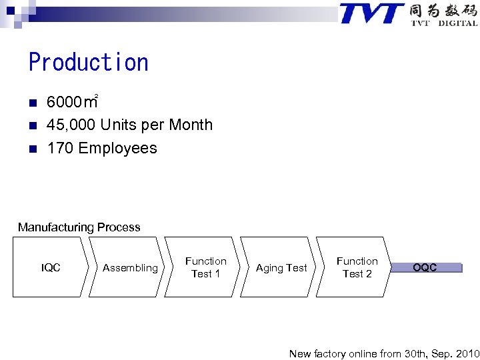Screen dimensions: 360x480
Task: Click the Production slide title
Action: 89,63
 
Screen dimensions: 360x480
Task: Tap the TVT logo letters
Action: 371,13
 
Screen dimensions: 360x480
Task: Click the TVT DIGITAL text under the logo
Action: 444,23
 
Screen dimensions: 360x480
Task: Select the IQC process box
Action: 51,268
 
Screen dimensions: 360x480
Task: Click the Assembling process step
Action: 130,268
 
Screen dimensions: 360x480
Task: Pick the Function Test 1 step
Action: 205,267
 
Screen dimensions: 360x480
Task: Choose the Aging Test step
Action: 281,268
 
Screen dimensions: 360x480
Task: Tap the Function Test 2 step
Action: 357,267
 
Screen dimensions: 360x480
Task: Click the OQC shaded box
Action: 425,268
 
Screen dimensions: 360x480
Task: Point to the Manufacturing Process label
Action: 79,227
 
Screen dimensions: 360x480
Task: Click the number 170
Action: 60,149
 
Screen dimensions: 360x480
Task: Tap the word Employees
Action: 118,149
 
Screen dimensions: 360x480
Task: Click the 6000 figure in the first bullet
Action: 63,103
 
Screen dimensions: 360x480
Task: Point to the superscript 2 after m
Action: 97,97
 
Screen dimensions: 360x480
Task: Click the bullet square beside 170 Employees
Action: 32,149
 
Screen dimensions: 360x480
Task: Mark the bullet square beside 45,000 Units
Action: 32,125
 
